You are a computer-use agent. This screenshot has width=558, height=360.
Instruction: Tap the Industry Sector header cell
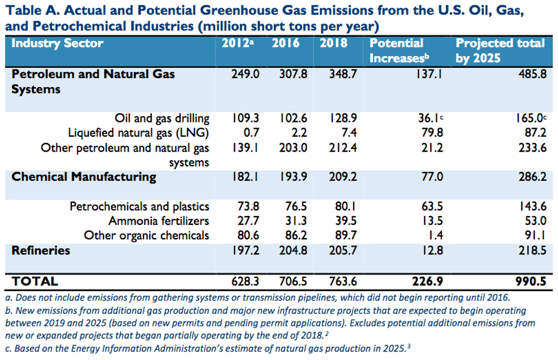pyautogui.click(x=58, y=44)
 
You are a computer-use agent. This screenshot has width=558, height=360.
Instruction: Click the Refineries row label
pyautogui.click(x=41, y=251)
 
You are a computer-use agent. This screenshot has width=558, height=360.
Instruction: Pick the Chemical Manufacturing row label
pyautogui.click(x=84, y=177)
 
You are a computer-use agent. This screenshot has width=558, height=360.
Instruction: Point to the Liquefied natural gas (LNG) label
pyautogui.click(x=138, y=133)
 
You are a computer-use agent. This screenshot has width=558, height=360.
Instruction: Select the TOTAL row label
pyautogui.click(x=35, y=281)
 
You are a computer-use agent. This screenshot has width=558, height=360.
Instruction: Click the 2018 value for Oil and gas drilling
pyautogui.click(x=343, y=118)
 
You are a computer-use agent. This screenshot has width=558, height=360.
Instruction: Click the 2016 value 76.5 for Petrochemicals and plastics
pyautogui.click(x=294, y=206)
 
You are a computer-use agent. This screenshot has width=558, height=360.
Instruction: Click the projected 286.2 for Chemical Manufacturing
pyautogui.click(x=531, y=177)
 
